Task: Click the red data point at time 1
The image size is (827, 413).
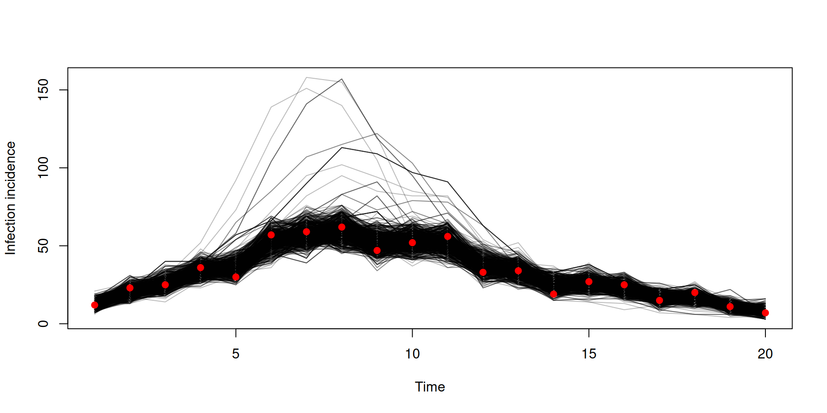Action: coord(95,305)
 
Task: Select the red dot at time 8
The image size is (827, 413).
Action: coord(342,227)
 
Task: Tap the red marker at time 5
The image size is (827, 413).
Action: coord(236,277)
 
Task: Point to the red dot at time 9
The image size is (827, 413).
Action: coord(377,250)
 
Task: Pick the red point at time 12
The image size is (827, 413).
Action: coord(483,272)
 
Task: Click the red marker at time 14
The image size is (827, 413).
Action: coord(553,294)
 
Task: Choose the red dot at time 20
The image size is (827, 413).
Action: coord(765,313)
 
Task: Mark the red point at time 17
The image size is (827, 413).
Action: coord(659,300)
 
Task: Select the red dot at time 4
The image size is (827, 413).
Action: coord(200,268)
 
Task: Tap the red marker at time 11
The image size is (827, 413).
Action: coord(448,237)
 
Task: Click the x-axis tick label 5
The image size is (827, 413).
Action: coord(236,354)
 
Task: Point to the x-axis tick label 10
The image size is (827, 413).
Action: coord(412,354)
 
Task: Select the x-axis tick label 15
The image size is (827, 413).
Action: coord(589,354)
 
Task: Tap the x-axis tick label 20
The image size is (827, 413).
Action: coord(765,354)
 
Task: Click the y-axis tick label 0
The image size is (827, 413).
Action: coord(43,324)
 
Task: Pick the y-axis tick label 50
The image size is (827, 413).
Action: coord(43,246)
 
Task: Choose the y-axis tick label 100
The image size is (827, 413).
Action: coord(43,168)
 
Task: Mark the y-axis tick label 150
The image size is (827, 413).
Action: coord(43,90)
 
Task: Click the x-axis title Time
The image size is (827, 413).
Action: coord(430,387)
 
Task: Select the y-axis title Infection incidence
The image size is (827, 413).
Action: coord(10,198)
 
